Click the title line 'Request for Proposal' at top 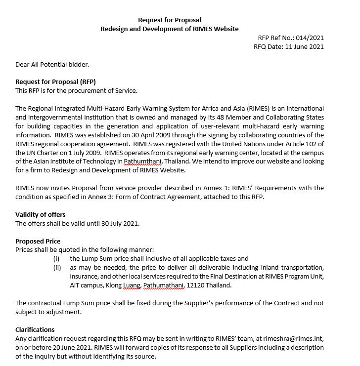(170, 20)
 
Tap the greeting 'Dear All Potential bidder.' (52, 64)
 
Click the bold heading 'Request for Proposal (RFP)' (55, 82)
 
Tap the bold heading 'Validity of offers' (41, 214)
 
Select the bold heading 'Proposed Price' (38, 241)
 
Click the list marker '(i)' (56, 259)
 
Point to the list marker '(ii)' (57, 268)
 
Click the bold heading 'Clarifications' (35, 329)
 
